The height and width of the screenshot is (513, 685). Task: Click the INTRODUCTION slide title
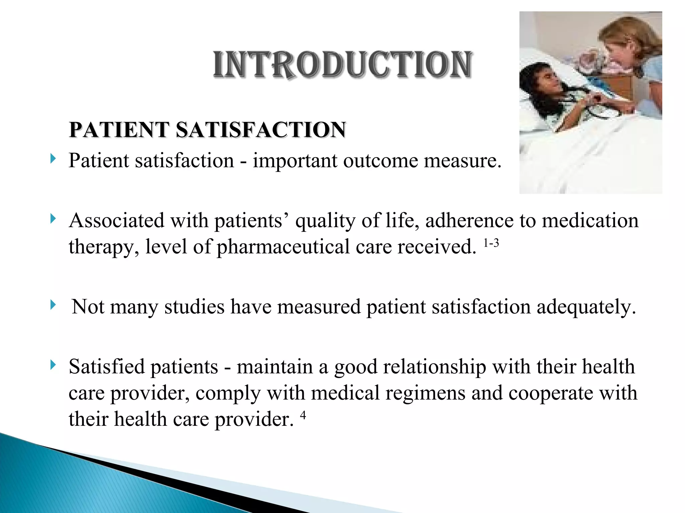click(x=343, y=65)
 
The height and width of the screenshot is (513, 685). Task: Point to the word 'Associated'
click(x=116, y=221)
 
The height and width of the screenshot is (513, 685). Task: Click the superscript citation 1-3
click(x=491, y=243)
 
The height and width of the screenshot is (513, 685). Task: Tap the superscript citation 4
click(x=303, y=415)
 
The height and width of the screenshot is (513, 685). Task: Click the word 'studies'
click(x=194, y=307)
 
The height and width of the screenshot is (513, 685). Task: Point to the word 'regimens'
click(x=425, y=393)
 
